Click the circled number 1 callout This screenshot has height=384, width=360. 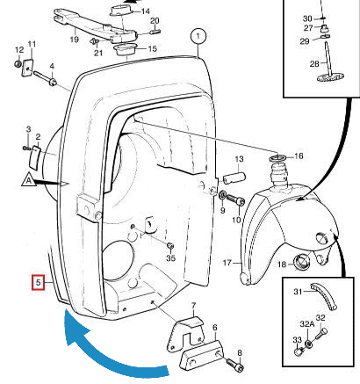[x=199, y=37]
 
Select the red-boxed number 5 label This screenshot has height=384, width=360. [x=37, y=282]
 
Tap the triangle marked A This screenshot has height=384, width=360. [x=28, y=181]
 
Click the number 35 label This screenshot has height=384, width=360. [x=170, y=259]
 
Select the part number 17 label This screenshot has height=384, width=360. [x=226, y=262]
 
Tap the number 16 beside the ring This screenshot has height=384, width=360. [x=299, y=156]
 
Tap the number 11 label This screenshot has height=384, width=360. [x=32, y=45]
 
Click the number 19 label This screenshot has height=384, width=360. [x=75, y=40]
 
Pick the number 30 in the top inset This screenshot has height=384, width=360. [x=306, y=18]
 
